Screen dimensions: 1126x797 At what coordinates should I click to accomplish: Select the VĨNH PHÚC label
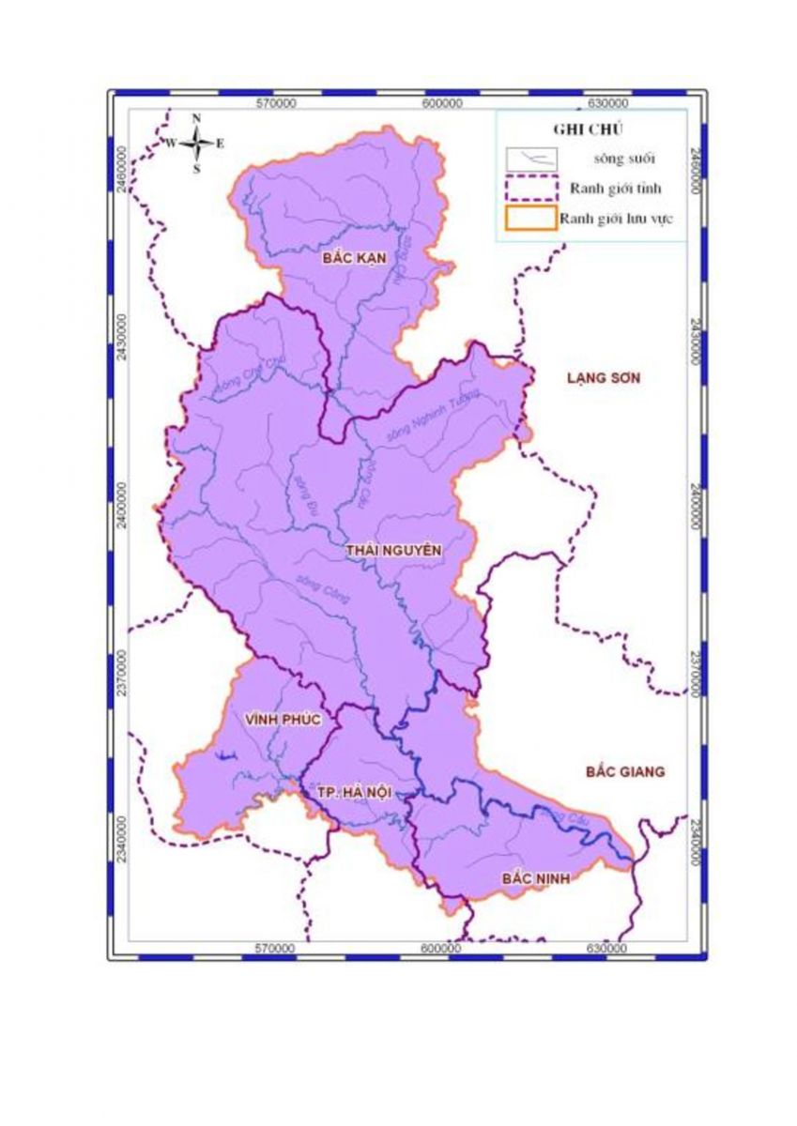pyautogui.click(x=283, y=720)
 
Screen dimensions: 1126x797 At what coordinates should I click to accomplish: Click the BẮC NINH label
pyautogui.click(x=537, y=878)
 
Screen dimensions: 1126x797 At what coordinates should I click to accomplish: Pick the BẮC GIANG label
pyautogui.click(x=624, y=772)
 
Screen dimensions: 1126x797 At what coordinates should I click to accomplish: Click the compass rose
pyautogui.click(x=197, y=144)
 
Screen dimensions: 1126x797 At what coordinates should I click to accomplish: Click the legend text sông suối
pyautogui.click(x=597, y=159)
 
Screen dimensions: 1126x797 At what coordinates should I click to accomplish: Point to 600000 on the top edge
pyautogui.click(x=441, y=102)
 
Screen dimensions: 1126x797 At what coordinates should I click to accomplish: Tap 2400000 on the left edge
pyautogui.click(x=122, y=507)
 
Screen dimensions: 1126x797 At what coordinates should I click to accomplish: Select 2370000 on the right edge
pyautogui.click(x=695, y=676)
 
